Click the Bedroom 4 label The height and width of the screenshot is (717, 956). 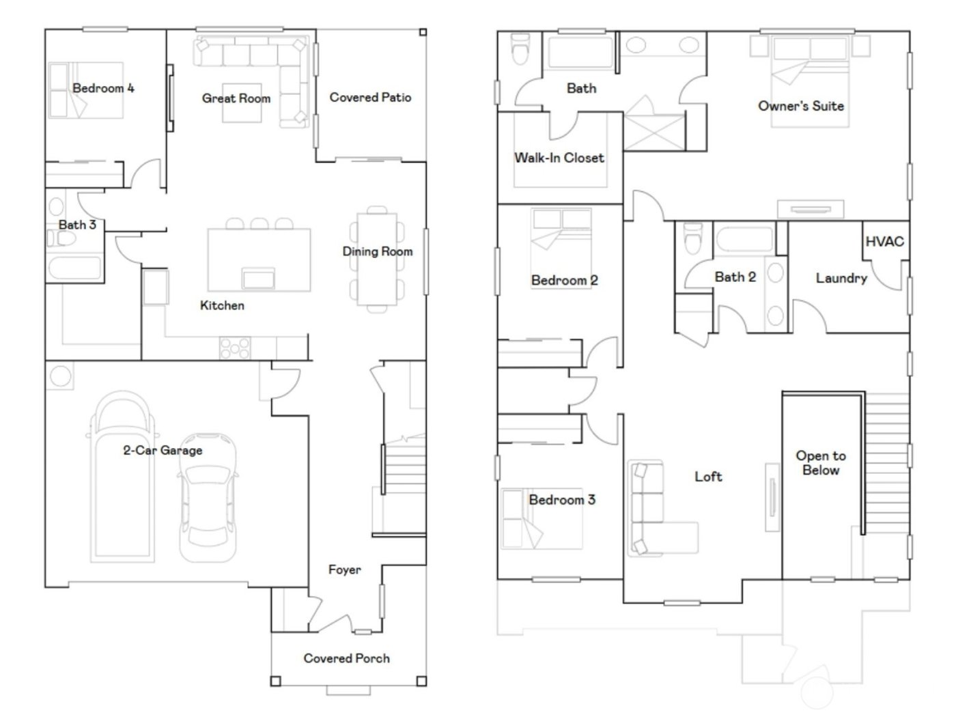click(103, 88)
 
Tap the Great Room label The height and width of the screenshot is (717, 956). click(236, 98)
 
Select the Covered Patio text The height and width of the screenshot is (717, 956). click(370, 98)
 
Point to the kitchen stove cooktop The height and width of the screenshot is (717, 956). click(235, 348)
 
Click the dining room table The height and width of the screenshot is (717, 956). click(377, 259)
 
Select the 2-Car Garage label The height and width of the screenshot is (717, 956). click(163, 450)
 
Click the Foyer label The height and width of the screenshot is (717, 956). click(344, 570)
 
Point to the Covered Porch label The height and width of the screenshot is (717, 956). click(346, 658)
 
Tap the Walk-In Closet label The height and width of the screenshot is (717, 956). click(559, 158)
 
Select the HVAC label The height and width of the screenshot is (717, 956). click(884, 241)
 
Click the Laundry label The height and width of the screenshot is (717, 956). click(841, 278)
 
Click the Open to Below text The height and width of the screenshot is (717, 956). click(820, 463)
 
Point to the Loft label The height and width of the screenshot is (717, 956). click(707, 477)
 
